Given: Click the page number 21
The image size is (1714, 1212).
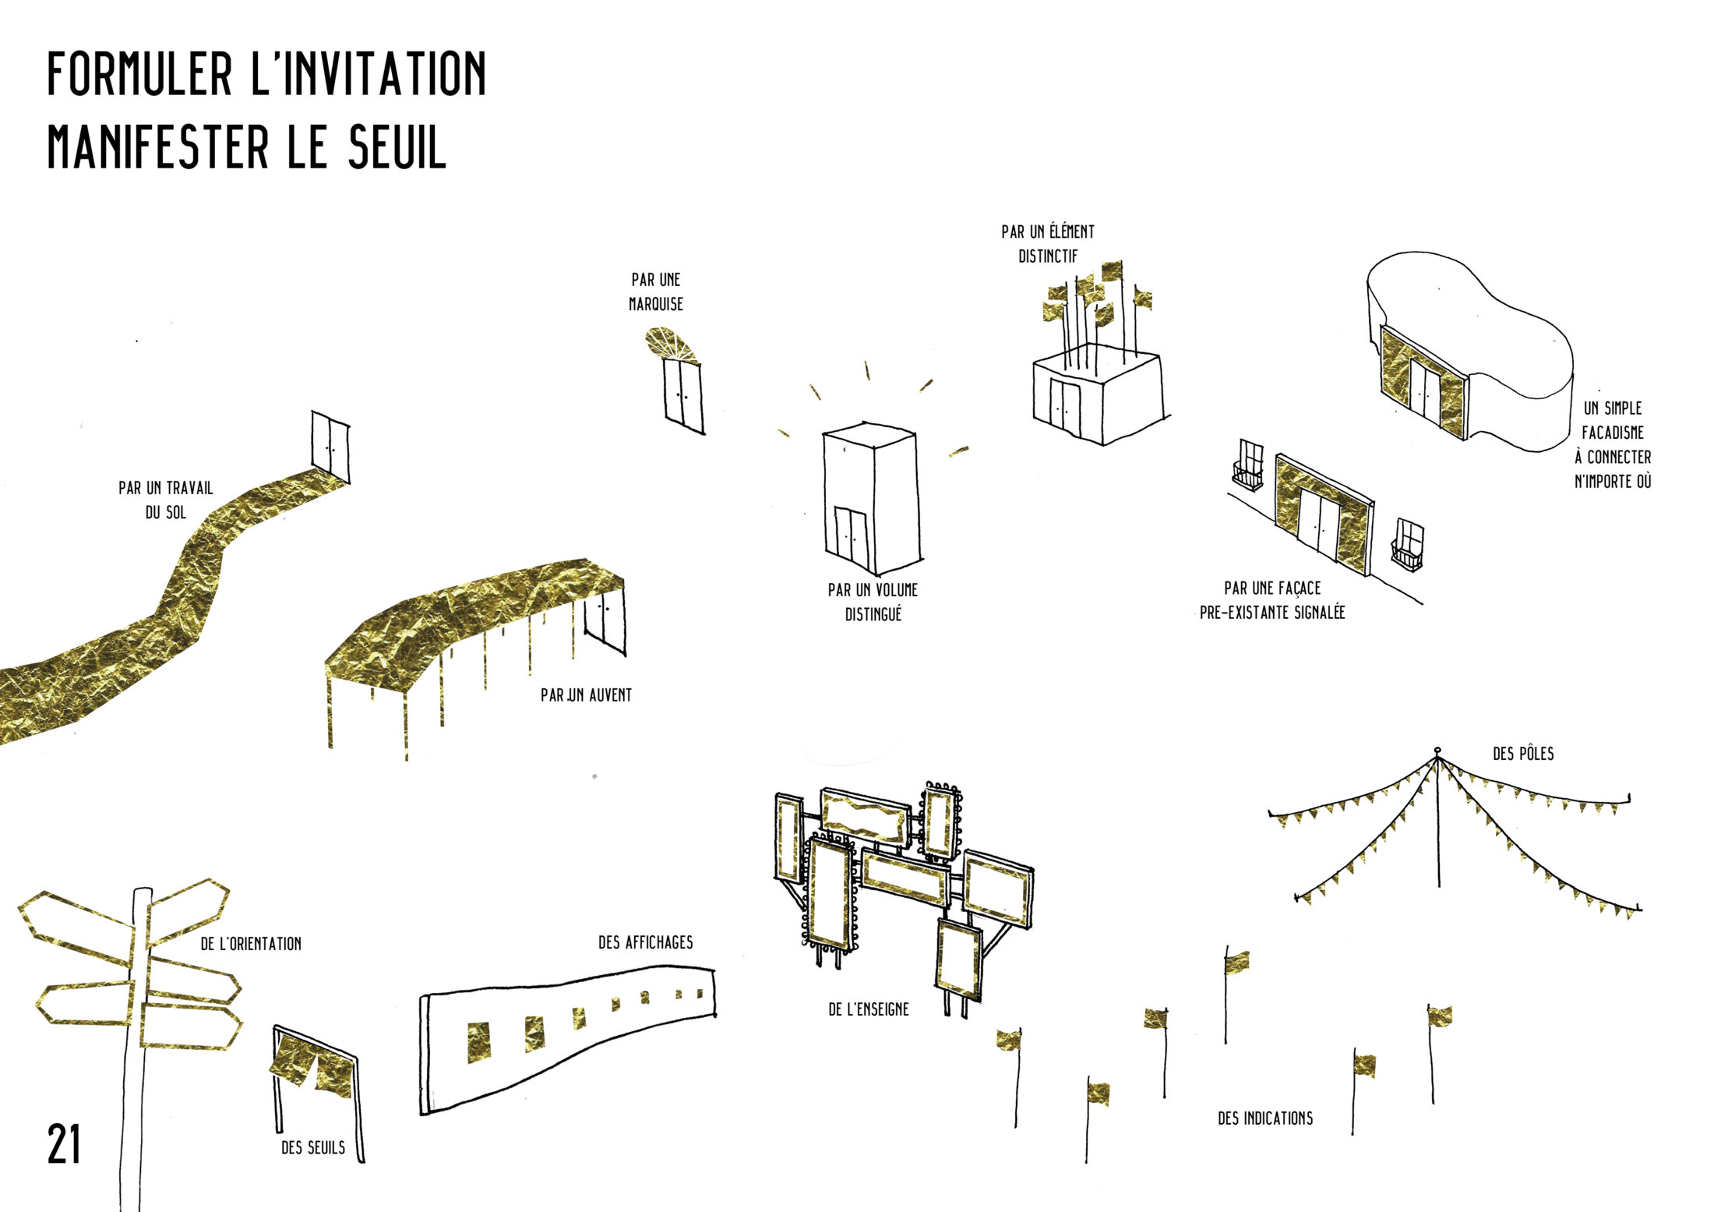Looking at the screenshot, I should (64, 1144).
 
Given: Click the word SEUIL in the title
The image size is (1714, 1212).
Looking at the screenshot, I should (397, 147).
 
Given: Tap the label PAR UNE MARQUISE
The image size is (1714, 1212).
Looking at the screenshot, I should (656, 292).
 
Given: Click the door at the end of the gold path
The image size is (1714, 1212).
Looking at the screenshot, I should (330, 447).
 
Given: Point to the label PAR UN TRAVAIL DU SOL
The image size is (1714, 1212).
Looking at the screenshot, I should (166, 500).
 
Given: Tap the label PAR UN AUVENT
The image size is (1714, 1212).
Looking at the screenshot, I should (586, 695).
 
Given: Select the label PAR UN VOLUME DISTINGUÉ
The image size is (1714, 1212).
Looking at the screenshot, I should (873, 602).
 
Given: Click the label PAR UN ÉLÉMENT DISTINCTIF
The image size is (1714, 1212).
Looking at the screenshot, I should (1048, 243).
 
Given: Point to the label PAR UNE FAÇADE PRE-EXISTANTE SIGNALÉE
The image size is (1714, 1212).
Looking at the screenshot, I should (1272, 600).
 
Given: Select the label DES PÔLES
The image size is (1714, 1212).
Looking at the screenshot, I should (1523, 754).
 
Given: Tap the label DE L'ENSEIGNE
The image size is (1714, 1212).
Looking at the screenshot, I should (869, 1009).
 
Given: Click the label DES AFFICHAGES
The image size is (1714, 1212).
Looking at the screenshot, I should (645, 942).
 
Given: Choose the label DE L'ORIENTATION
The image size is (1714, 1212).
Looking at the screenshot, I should (251, 944).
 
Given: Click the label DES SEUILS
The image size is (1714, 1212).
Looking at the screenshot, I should (313, 1147).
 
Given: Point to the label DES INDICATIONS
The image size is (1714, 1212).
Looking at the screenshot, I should (1265, 1118).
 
